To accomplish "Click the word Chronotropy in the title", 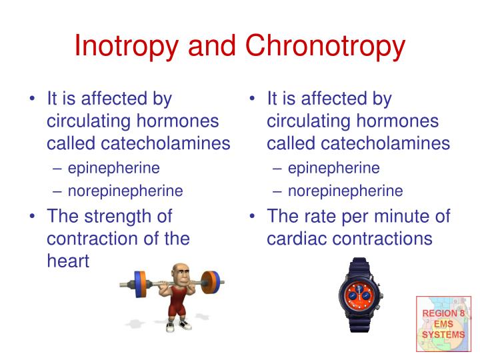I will pyautogui.click(x=325, y=45).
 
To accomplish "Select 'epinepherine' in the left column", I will pyautogui.click(x=114, y=167).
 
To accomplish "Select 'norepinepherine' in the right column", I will pyautogui.click(x=345, y=191).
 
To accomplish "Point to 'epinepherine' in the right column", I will pyautogui.click(x=334, y=167).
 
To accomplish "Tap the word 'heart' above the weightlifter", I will pyautogui.click(x=68, y=261).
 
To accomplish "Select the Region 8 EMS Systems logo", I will pyautogui.click(x=443, y=323).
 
